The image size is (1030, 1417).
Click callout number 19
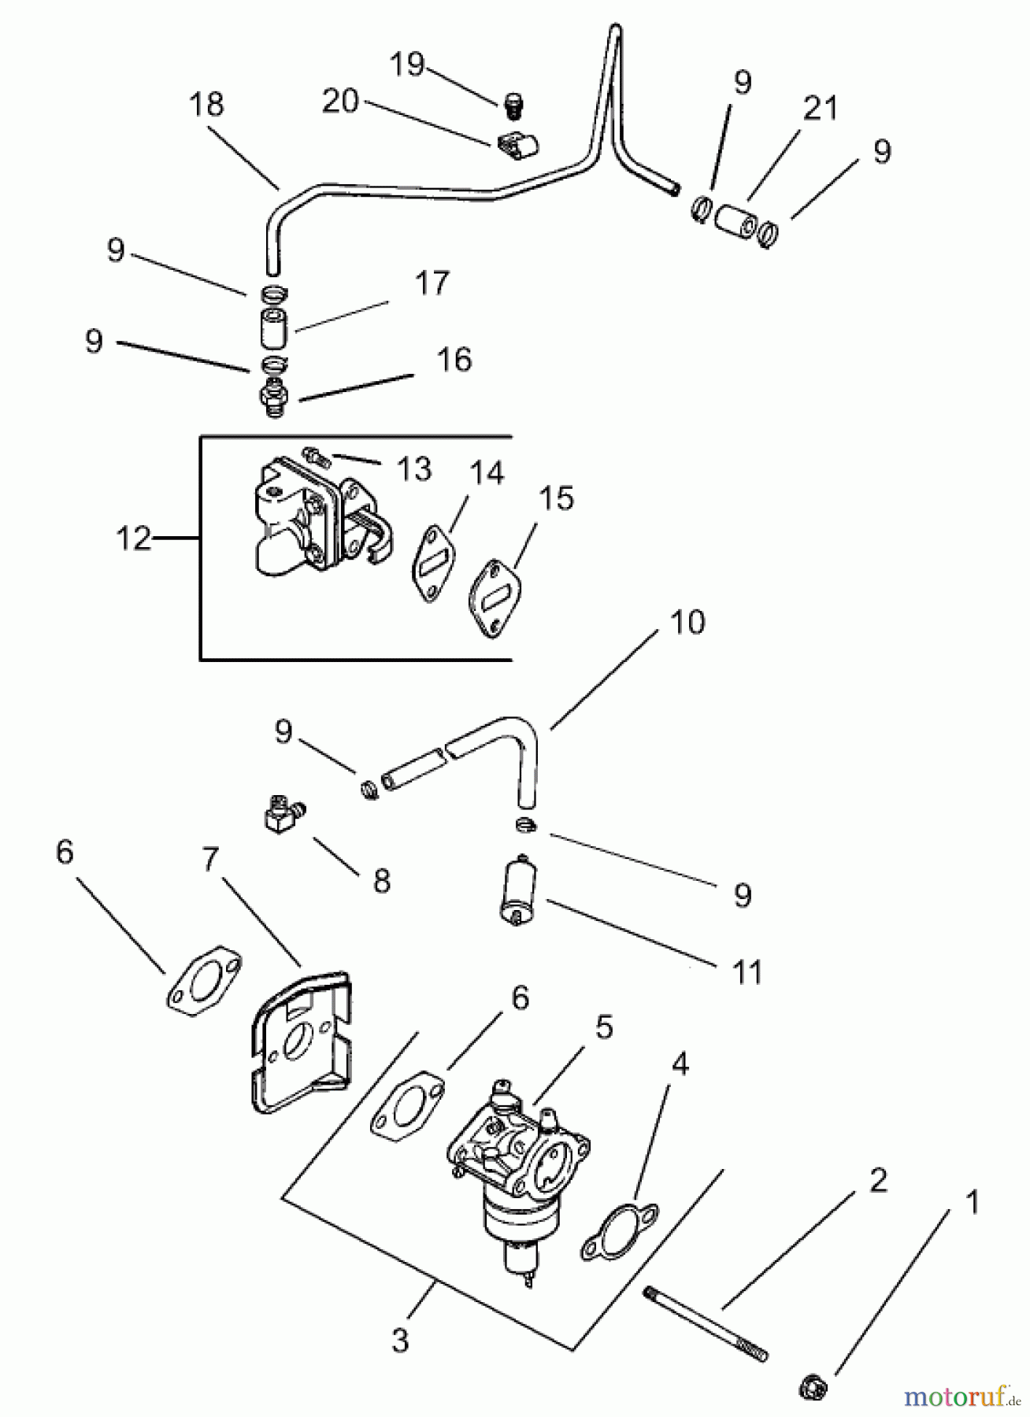(x=407, y=64)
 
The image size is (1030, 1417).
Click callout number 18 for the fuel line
(x=206, y=105)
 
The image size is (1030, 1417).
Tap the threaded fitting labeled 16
(x=275, y=398)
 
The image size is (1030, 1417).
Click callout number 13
(x=414, y=469)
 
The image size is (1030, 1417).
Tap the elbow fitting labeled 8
(x=282, y=814)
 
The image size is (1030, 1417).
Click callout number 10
(x=687, y=622)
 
